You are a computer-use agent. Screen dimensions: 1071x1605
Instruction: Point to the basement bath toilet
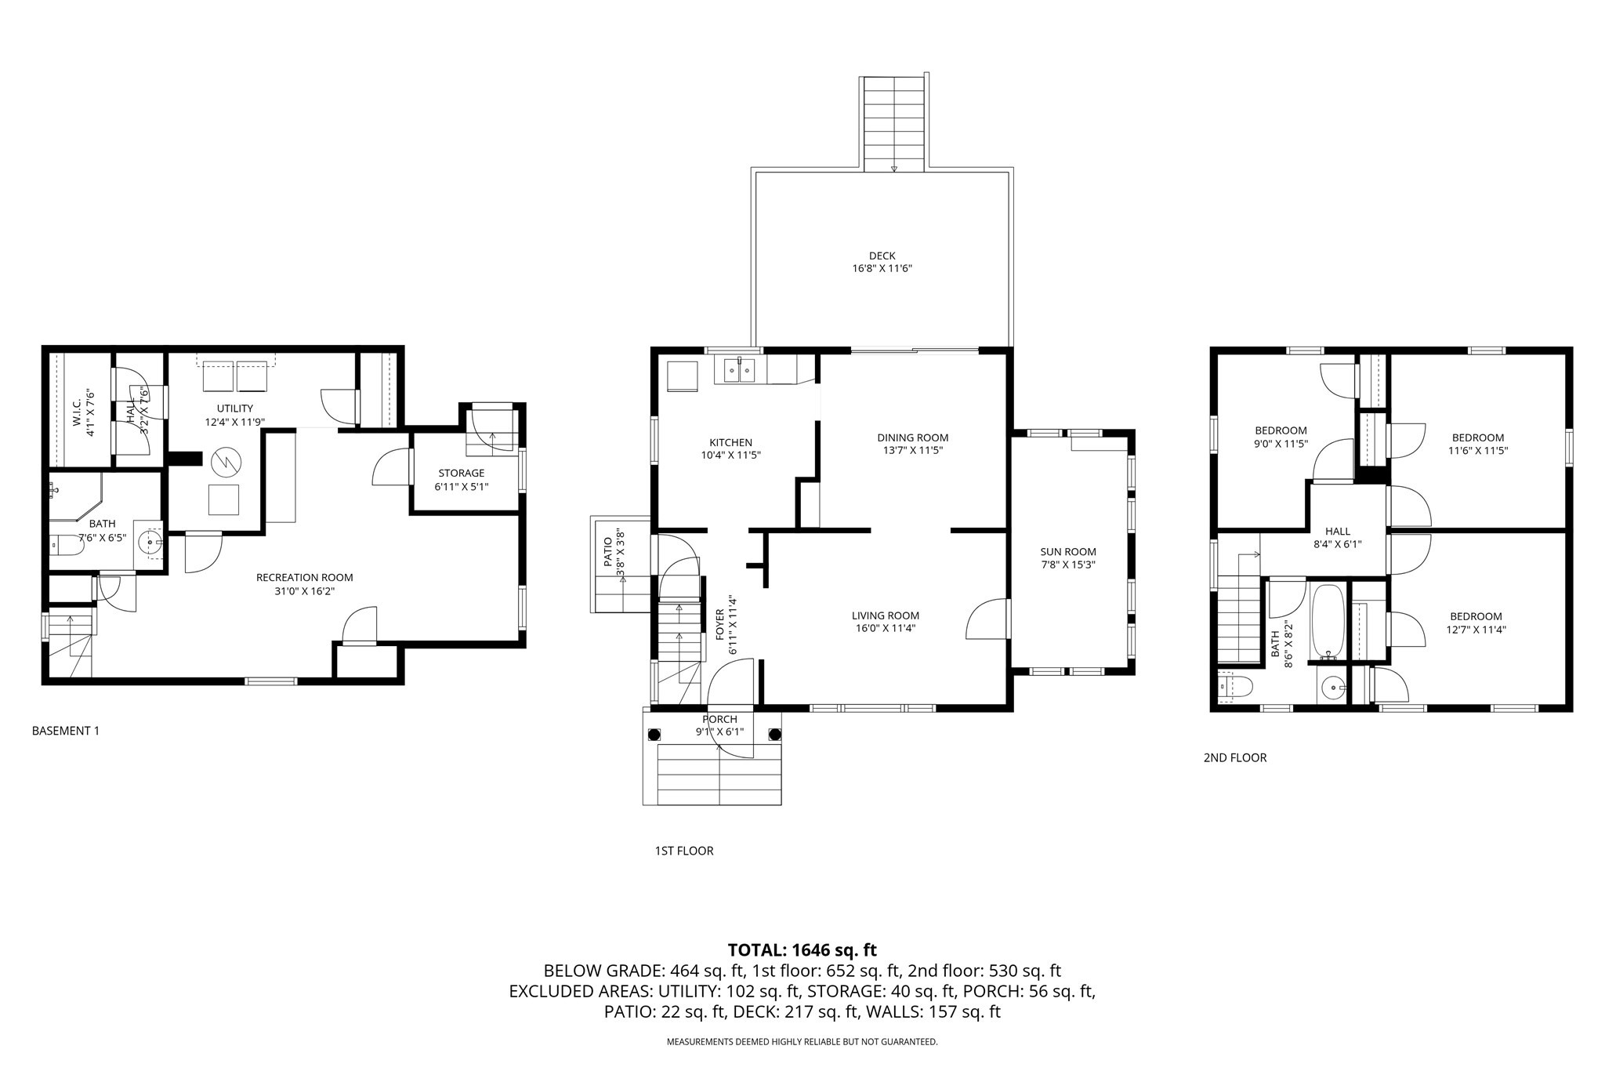pos(64,543)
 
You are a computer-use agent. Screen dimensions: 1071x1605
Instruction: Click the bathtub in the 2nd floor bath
pos(1328,622)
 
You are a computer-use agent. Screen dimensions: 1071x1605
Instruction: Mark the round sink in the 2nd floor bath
pos(1332,689)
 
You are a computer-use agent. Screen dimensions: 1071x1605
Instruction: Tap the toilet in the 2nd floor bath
pos(1236,687)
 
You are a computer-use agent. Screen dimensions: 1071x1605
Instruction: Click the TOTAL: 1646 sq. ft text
pos(802,950)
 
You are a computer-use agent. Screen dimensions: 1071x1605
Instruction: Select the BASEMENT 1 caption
pos(66,731)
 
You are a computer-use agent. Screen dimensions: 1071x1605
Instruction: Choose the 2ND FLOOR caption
pos(1234,757)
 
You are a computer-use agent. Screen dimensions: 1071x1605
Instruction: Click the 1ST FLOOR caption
pos(683,851)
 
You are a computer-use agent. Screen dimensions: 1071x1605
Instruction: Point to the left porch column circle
pos(654,735)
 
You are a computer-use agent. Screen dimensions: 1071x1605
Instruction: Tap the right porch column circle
pos(774,735)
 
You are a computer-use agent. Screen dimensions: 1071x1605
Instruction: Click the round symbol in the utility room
pos(224,462)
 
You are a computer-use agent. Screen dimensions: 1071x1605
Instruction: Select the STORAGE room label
pos(461,473)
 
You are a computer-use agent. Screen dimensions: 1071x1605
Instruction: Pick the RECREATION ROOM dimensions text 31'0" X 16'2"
pos(304,591)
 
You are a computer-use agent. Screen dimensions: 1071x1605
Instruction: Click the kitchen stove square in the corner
pos(681,376)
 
